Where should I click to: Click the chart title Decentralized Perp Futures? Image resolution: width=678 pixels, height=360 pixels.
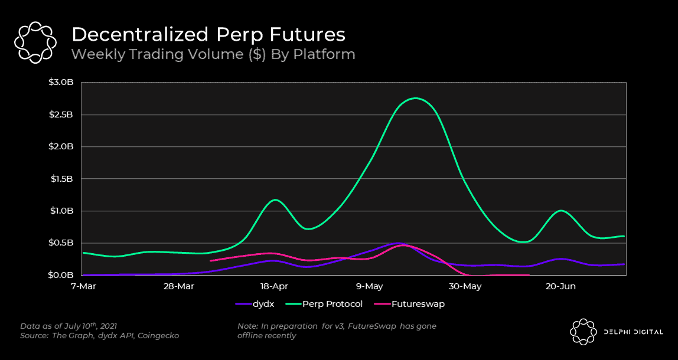[x=208, y=34]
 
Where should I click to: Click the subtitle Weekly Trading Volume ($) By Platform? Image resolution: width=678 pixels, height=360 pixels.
[x=213, y=55]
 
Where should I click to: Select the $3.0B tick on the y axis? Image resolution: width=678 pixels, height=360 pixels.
[x=61, y=83]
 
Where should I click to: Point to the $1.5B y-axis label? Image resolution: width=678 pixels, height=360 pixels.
[x=61, y=179]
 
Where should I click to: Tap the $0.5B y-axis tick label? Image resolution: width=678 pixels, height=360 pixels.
[x=61, y=243]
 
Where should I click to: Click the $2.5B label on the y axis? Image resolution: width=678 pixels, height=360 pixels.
[x=61, y=114]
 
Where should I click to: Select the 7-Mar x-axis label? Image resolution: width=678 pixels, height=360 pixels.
[x=83, y=286]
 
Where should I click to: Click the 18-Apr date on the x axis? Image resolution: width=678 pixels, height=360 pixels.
[x=274, y=286]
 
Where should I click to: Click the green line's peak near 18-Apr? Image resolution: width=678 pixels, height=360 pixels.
[x=275, y=199]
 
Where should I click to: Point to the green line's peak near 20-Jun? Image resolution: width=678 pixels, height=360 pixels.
[x=560, y=210]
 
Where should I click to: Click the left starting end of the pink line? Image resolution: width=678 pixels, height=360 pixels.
[x=211, y=260]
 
